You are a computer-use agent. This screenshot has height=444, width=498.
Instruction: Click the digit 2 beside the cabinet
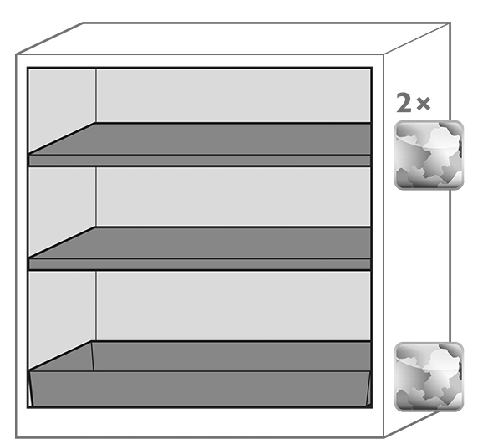point(404,103)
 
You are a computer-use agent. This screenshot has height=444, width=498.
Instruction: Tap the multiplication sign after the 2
point(424,104)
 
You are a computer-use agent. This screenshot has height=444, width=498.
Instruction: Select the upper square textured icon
point(429,155)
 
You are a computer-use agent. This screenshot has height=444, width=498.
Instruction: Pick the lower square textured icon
point(429,377)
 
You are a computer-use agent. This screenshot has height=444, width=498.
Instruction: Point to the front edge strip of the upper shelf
point(200,161)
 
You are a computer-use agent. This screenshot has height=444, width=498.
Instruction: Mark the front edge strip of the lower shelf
point(200,264)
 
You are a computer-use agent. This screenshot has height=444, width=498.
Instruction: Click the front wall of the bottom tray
point(200,388)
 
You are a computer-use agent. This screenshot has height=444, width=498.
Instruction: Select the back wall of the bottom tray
point(231,356)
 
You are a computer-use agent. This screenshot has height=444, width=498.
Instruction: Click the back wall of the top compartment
point(233,95)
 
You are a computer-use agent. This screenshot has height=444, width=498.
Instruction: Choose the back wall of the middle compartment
point(233,197)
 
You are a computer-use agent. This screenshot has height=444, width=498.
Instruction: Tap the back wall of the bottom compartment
point(233,306)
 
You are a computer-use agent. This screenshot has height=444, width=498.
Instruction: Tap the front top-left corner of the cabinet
point(16,55)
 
